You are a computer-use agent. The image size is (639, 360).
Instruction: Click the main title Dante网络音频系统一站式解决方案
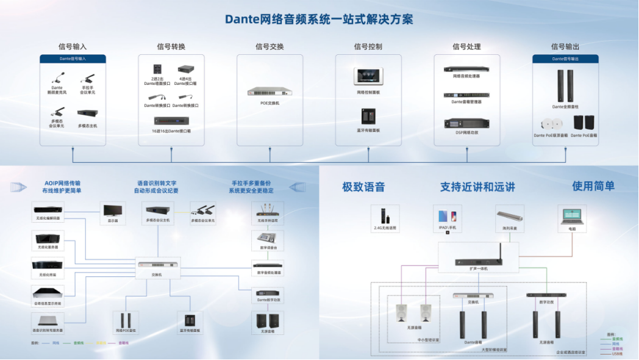click(x=319, y=19)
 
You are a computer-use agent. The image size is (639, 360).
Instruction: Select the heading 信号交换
click(x=269, y=47)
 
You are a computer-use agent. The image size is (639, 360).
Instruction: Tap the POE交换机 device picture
click(x=269, y=92)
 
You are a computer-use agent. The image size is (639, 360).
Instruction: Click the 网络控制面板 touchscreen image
click(x=368, y=76)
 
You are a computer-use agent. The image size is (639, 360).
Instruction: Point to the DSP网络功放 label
click(x=466, y=133)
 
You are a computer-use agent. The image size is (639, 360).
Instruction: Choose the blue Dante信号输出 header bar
click(x=565, y=59)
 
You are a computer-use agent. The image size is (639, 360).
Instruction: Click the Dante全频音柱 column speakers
click(x=565, y=85)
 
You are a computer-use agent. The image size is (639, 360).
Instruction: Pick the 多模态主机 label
click(x=87, y=126)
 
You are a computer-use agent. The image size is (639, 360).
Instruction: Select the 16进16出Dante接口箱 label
click(x=171, y=131)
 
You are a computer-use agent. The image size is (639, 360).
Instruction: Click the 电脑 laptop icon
click(x=572, y=215)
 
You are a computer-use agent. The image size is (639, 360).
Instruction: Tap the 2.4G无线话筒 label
click(x=385, y=228)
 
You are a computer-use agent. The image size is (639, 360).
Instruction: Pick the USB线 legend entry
click(x=616, y=355)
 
